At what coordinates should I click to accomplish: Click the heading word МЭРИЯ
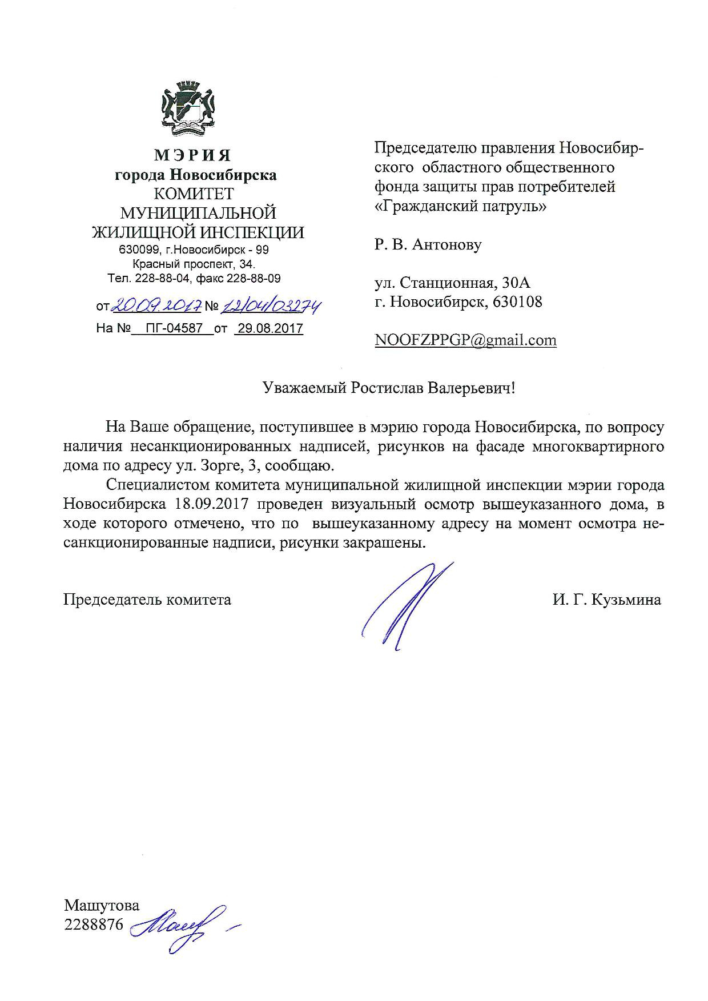click(196, 155)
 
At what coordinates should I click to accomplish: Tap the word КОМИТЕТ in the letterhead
click(196, 194)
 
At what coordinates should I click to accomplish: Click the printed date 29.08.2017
click(268, 328)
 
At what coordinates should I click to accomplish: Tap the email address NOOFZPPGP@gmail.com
click(465, 340)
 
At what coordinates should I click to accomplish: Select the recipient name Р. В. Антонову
click(428, 245)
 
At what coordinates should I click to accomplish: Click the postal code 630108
click(518, 301)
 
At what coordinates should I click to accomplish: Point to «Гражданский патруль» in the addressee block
click(460, 206)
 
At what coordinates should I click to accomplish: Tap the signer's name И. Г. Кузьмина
click(606, 600)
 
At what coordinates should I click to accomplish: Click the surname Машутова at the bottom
click(102, 905)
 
